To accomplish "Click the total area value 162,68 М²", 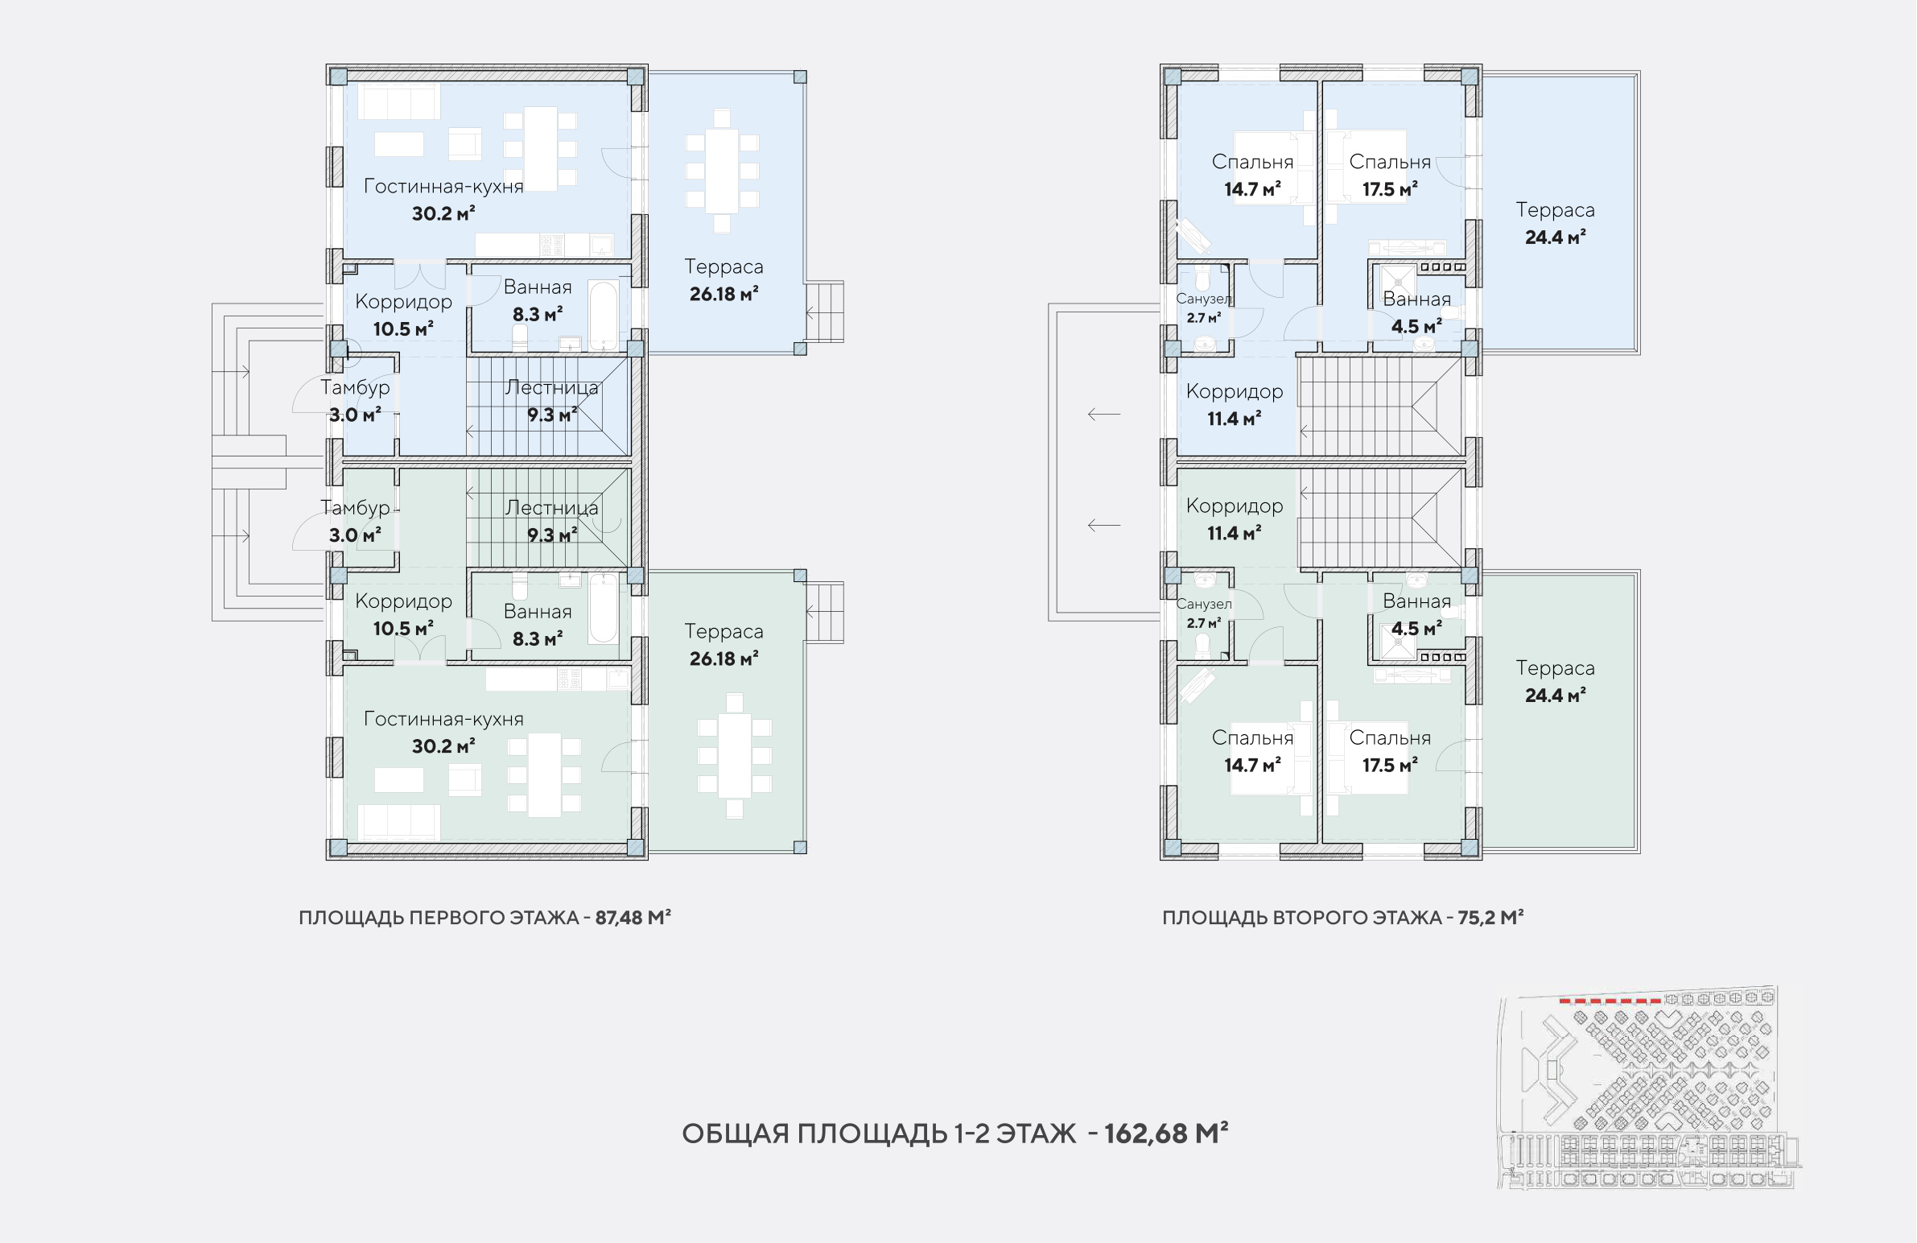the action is tap(1165, 1133).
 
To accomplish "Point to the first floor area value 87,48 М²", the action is tap(633, 918).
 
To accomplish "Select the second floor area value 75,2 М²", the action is tap(1490, 918).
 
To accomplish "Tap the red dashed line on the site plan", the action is tap(1610, 1001).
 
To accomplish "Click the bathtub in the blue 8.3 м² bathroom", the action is tap(604, 315).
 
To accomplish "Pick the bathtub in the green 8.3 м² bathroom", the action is tap(604, 608).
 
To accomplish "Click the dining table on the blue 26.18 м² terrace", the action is tap(722, 171).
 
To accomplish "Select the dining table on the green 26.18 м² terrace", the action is tap(734, 756).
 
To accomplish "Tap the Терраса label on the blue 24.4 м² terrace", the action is tap(1555, 210).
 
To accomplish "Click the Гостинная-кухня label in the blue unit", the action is tap(443, 186).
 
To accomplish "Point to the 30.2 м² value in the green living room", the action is tap(443, 746).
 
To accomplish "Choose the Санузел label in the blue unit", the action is tap(1203, 299).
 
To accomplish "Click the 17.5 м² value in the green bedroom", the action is tap(1390, 766).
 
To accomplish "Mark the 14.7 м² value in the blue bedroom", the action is tap(1252, 189).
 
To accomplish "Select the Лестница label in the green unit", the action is tap(552, 508).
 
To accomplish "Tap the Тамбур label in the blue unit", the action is tap(355, 387).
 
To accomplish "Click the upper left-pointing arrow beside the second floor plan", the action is tap(1103, 414).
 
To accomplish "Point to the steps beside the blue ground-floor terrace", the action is tap(825, 312).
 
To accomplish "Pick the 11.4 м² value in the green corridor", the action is tap(1234, 533).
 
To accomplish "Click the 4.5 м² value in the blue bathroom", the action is tap(1416, 326).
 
